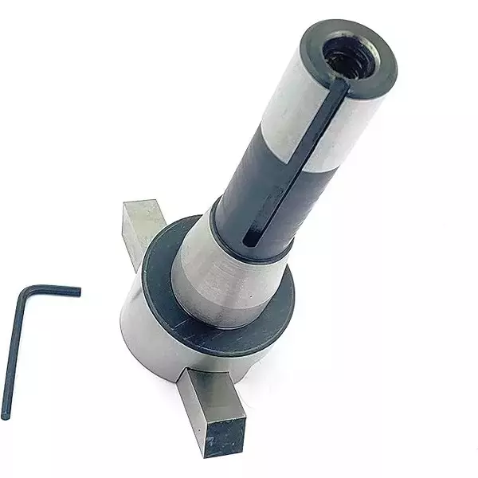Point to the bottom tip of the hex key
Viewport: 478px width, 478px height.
pyautogui.click(x=6, y=414)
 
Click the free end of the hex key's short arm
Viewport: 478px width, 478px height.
pyautogui.click(x=77, y=292)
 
